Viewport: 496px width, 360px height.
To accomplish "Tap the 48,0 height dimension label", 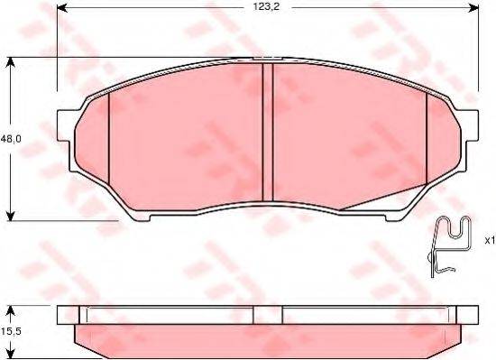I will pos(11,139).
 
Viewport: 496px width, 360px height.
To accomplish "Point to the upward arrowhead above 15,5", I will pos(10,311).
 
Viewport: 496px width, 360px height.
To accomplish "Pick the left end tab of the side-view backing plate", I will pos(65,315).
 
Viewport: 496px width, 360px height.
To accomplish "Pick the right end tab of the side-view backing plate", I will pos(469,315).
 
